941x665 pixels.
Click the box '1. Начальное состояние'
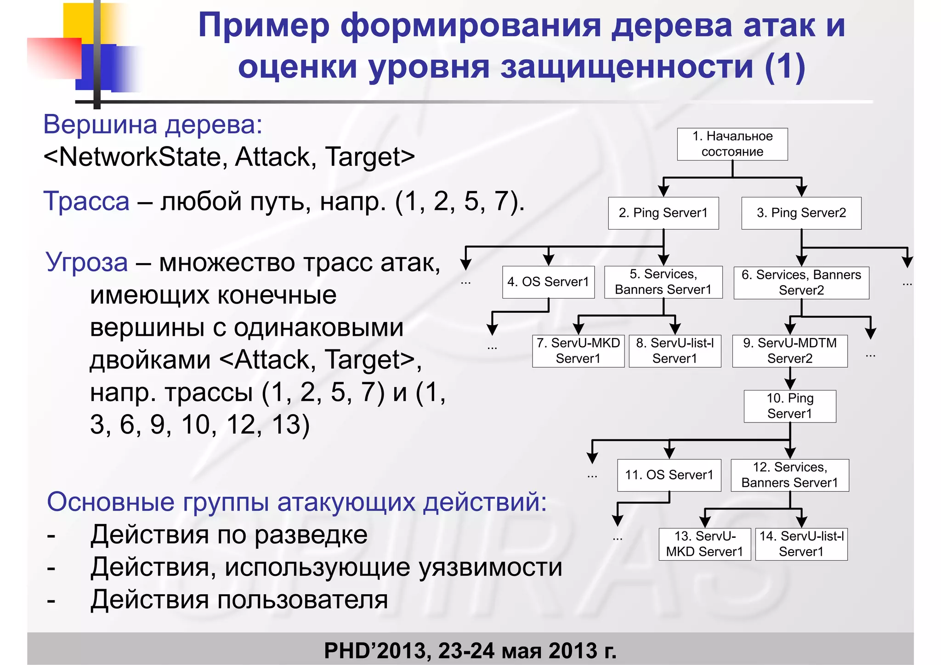point(732,144)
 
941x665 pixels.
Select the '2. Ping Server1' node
point(663,213)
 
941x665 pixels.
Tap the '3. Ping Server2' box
point(801,213)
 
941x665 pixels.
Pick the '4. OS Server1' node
point(548,282)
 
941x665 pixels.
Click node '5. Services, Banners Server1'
point(663,282)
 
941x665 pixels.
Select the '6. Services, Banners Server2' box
point(801,282)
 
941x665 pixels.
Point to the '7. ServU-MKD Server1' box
point(578,351)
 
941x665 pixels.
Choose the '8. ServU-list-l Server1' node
point(675,351)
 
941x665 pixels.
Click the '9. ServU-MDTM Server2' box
point(789,351)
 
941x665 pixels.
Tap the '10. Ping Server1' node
point(789,406)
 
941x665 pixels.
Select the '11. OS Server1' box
point(669,475)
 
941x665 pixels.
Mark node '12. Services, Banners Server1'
point(789,475)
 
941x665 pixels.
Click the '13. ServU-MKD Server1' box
point(704,544)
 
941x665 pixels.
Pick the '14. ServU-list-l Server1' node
point(801,544)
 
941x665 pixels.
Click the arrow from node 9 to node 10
point(790,378)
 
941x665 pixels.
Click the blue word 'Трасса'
point(86,201)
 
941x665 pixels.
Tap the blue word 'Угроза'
point(86,263)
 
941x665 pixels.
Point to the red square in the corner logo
point(54,58)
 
